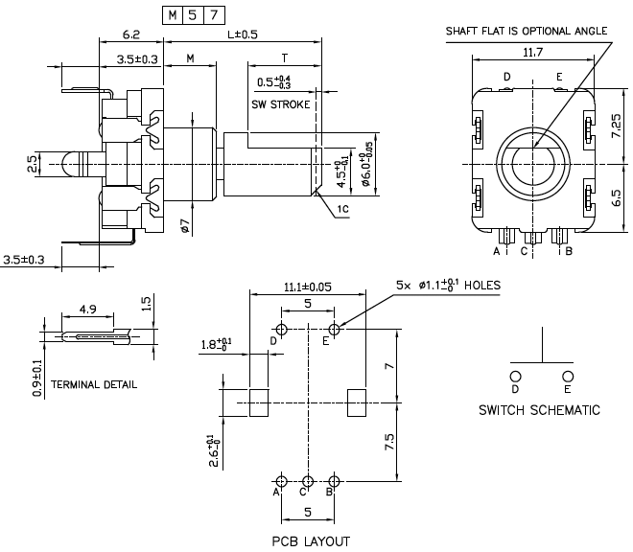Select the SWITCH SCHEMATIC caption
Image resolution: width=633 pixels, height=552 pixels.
[539, 410]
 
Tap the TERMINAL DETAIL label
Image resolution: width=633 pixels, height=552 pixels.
[94, 384]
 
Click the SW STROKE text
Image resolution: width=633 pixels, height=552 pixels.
[280, 103]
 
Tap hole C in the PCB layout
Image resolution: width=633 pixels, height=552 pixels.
[308, 480]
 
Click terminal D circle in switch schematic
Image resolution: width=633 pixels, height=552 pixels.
[515, 376]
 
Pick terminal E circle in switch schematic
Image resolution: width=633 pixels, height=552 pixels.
[568, 376]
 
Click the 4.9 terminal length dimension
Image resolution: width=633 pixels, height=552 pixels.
[86, 310]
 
